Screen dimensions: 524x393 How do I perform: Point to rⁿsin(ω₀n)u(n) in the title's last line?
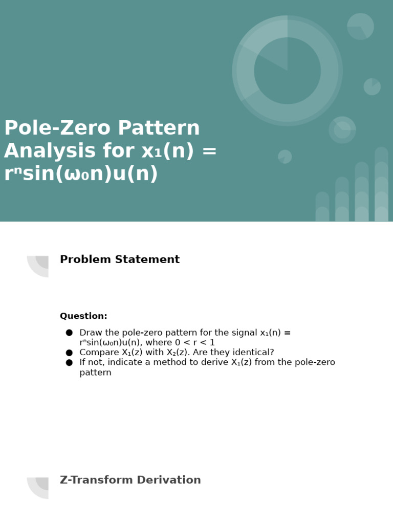[81, 174]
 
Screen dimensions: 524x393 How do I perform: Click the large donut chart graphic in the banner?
[287, 71]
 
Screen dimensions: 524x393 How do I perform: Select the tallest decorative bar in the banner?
[381, 184]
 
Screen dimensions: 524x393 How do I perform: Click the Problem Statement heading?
[120, 260]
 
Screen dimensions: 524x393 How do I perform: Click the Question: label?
[83, 316]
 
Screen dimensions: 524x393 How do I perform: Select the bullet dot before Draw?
[69, 333]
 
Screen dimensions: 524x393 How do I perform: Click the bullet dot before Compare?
[69, 353]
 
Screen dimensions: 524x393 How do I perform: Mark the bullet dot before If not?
[69, 363]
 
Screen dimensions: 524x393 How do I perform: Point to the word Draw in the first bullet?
[90, 333]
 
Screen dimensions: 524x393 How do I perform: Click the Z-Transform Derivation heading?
[130, 481]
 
